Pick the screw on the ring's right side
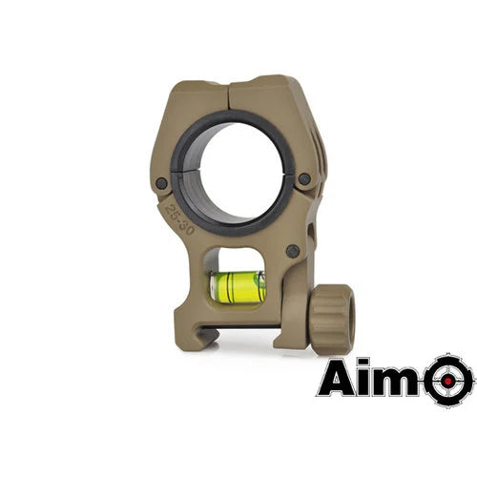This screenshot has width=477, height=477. pos(304,178)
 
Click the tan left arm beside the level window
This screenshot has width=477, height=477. pos(196,277)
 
